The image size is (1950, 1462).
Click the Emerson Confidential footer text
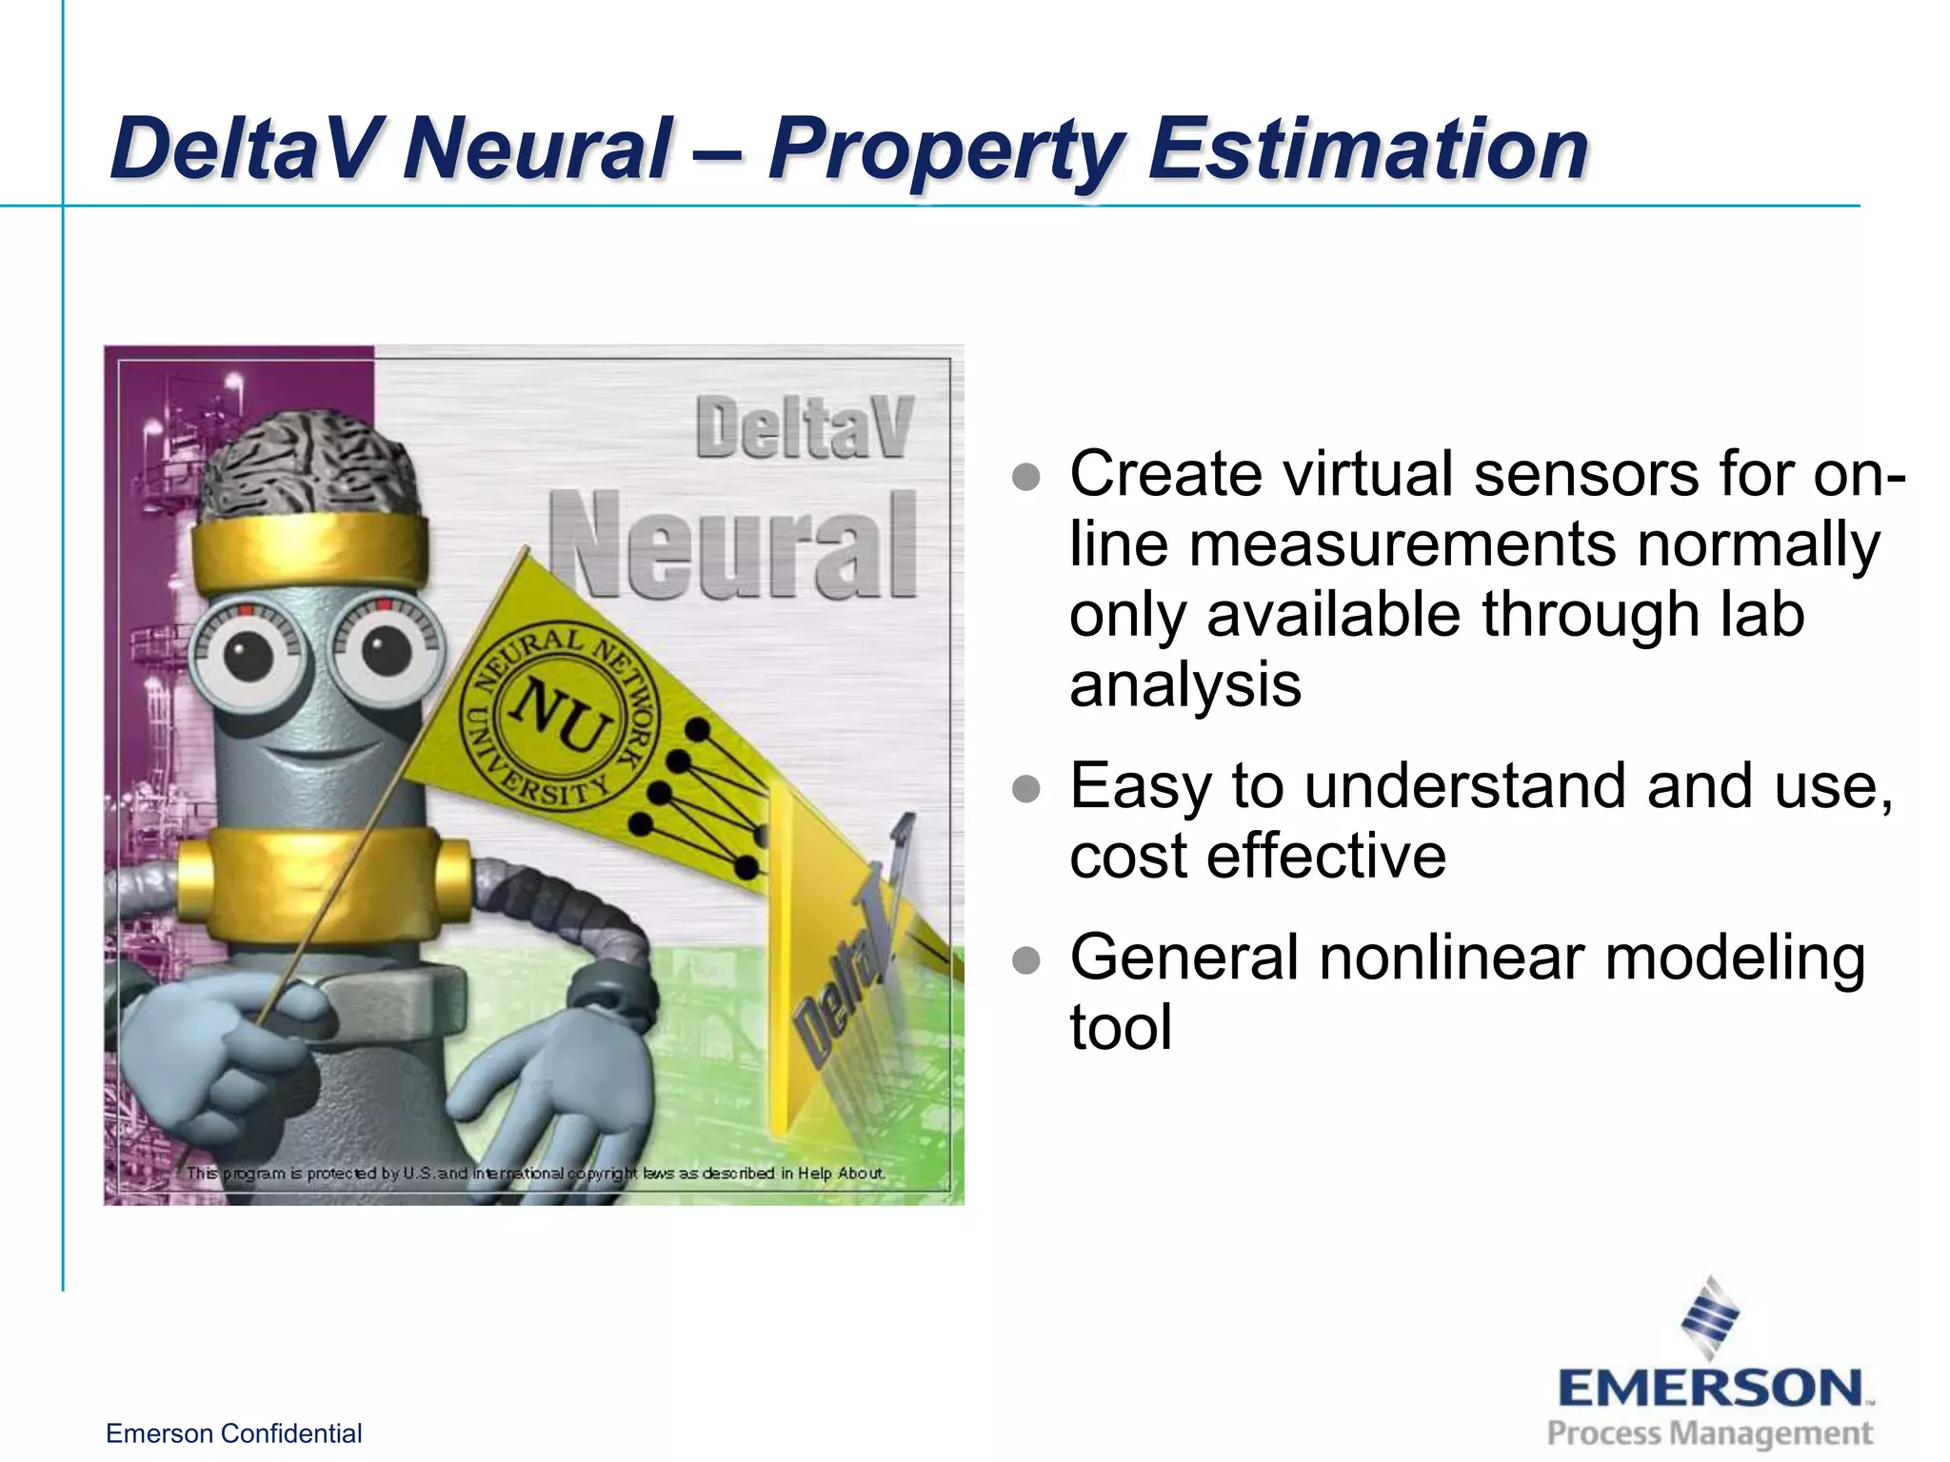[233, 1433]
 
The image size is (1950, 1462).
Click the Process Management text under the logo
[1710, 1433]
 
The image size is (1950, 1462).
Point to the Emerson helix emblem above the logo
[1710, 1317]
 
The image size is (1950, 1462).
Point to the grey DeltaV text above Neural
[805, 428]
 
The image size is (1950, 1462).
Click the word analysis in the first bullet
[1184, 685]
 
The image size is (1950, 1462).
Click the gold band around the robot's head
[309, 549]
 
